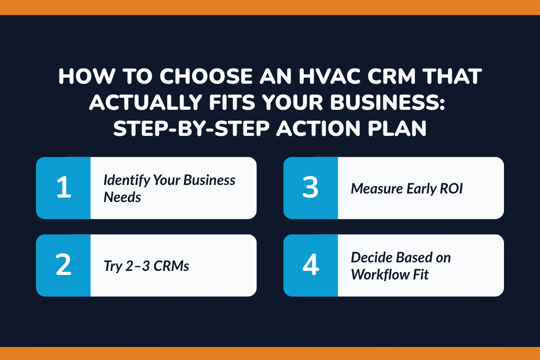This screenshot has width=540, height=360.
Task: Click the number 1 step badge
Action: tap(63, 188)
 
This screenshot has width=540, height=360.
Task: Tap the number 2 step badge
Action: tap(63, 265)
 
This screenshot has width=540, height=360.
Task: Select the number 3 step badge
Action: tap(310, 188)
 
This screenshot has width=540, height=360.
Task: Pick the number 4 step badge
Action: tap(310, 265)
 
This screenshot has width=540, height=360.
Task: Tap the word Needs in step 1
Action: tap(122, 197)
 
